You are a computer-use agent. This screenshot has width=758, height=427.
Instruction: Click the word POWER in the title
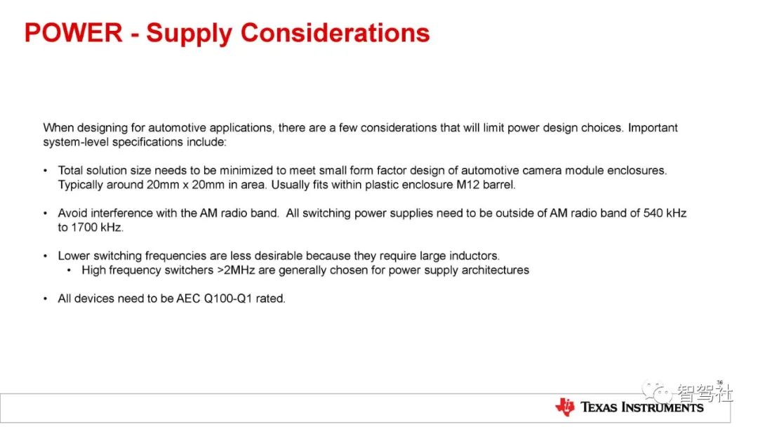click(x=74, y=33)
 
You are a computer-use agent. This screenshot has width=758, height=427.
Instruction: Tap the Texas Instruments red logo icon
click(x=564, y=407)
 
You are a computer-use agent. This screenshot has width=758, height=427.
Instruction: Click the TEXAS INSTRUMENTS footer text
click(x=641, y=407)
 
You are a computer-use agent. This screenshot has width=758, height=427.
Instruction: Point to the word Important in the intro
click(x=653, y=128)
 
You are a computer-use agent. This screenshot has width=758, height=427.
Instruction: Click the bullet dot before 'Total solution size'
click(x=46, y=171)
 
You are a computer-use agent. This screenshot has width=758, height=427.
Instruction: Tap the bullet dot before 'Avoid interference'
click(x=46, y=213)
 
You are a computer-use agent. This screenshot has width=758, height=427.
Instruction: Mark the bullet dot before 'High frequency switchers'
click(x=69, y=270)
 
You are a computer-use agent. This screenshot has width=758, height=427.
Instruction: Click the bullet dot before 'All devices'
click(x=46, y=298)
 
